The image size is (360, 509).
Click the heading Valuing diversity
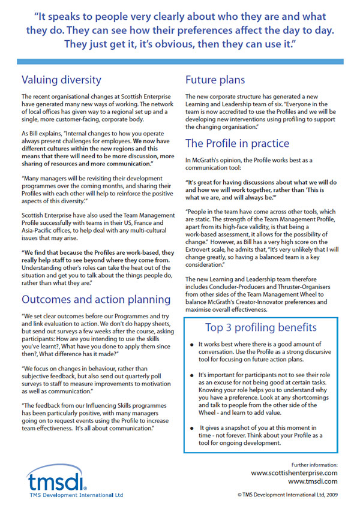tap(61, 80)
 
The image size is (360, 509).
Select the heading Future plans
tap(215, 80)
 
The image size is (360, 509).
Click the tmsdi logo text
tap(49, 480)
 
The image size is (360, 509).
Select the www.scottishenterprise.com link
tap(294, 473)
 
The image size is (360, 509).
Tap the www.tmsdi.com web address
tap(313, 481)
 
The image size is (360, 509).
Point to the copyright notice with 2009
tap(287, 495)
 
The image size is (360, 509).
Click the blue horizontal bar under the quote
tap(179, 62)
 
